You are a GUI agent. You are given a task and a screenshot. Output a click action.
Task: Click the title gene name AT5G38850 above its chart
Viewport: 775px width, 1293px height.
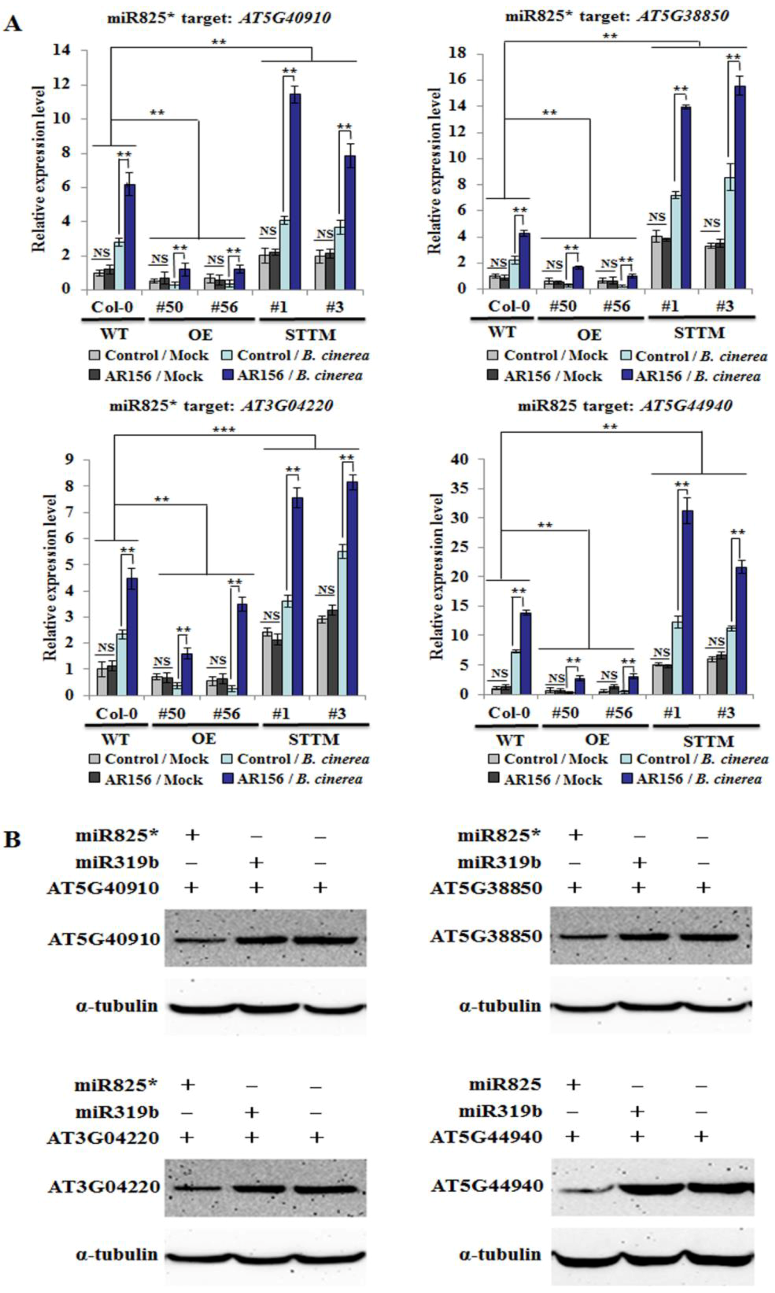click(683, 16)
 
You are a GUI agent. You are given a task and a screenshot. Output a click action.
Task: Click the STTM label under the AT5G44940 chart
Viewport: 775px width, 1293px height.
click(708, 741)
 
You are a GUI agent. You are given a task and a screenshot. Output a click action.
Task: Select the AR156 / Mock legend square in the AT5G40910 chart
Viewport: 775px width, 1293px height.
click(94, 375)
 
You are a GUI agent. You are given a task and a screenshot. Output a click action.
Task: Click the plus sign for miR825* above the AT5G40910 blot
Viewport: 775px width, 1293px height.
click(192, 835)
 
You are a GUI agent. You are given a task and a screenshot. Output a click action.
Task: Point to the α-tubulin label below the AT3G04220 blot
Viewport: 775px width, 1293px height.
click(117, 1255)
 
